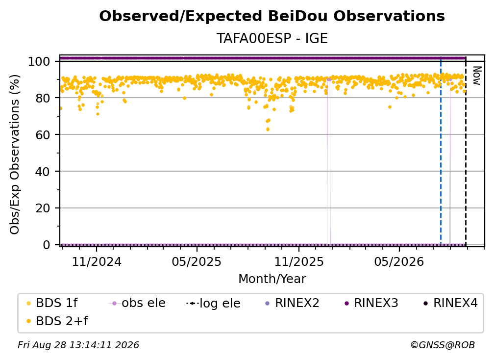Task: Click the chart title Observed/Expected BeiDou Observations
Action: coord(272,16)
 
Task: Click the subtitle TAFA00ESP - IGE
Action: coord(272,39)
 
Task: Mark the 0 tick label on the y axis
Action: coord(47,245)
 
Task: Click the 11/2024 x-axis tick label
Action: coord(97,262)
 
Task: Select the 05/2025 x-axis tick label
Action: coord(197,262)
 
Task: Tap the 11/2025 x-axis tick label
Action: coord(299,262)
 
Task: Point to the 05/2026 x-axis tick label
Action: coord(399,262)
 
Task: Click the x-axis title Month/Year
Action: coord(272,279)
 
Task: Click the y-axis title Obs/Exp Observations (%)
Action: coord(15,154)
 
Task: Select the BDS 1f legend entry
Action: coord(52,303)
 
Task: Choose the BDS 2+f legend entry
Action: coord(57,321)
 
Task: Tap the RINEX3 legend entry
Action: coord(371,303)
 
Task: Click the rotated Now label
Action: coord(477,76)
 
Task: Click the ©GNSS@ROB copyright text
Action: coord(443,345)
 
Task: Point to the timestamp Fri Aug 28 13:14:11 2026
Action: coord(78,345)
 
